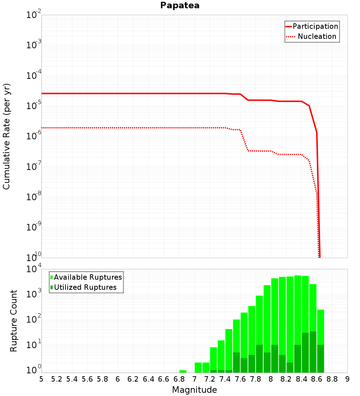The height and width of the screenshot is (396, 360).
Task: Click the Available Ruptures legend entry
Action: pyautogui.click(x=88, y=277)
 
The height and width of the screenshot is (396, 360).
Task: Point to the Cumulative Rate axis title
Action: pyautogui.click(x=6, y=136)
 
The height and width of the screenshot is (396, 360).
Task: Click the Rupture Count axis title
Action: pyautogui.click(x=14, y=321)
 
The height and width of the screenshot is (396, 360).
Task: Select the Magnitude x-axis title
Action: pyautogui.click(x=194, y=390)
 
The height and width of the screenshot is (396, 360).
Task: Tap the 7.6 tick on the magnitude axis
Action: pyautogui.click(x=240, y=379)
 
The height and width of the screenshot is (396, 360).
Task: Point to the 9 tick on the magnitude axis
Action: pyautogui.click(x=347, y=379)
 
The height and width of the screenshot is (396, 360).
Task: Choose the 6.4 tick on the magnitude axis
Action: pyautogui.click(x=148, y=379)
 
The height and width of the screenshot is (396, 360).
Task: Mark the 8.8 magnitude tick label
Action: pyautogui.click(x=332, y=379)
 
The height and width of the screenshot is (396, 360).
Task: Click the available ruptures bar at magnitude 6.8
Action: pyautogui.click(x=183, y=371)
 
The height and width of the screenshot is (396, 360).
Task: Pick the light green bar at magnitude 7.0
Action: pyautogui.click(x=198, y=368)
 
